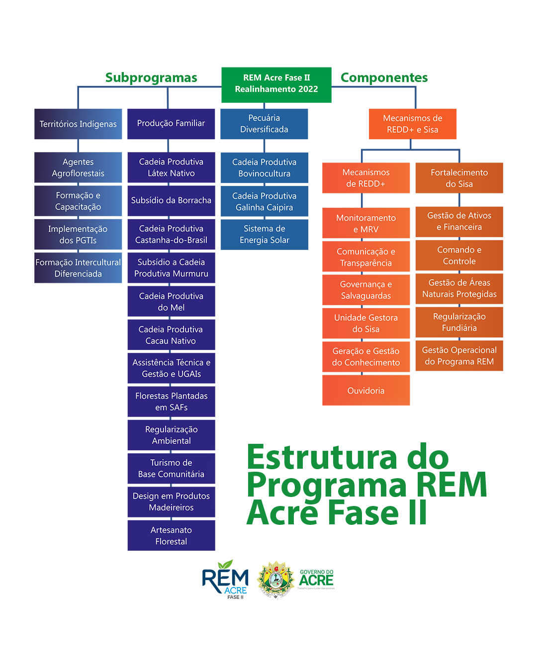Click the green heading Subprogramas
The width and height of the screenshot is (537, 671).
click(151, 78)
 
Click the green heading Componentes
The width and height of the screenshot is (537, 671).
click(385, 78)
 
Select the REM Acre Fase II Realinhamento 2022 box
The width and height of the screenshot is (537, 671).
click(276, 84)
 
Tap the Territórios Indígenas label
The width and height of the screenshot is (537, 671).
click(78, 124)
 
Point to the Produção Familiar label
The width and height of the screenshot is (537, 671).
click(171, 123)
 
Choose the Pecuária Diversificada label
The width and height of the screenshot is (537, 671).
click(264, 124)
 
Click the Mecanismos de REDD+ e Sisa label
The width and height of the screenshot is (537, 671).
click(412, 124)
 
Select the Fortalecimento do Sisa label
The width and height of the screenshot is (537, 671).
click(459, 178)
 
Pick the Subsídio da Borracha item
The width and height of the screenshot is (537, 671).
click(171, 200)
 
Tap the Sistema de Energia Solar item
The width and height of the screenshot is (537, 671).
click(264, 235)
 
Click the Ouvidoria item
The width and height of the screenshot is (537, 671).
click(366, 391)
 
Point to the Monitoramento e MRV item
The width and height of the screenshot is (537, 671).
click(366, 224)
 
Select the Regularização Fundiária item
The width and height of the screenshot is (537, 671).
click(459, 322)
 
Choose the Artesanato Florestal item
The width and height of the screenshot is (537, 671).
click(171, 536)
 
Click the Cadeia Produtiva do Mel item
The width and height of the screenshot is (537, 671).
click(171, 302)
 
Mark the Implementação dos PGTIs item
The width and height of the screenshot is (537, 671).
click(78, 235)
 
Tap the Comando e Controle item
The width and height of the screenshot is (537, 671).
click(459, 255)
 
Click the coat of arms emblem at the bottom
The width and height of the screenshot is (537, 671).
click(275, 579)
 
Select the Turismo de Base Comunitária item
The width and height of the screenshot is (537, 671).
click(171, 468)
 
